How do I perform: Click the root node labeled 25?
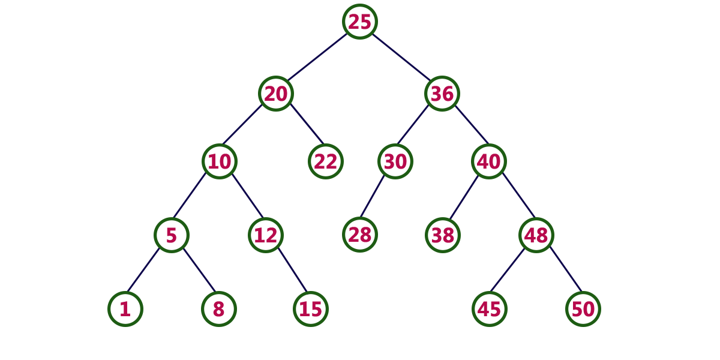359,22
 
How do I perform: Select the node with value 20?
276,94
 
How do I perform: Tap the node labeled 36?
442,94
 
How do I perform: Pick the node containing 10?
220,161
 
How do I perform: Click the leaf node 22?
326,161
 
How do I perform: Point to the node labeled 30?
395,161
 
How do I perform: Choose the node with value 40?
489,161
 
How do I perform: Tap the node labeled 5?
172,235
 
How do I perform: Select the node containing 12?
265,235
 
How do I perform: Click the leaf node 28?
359,235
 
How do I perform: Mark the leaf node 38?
443,235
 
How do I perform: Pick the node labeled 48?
536,235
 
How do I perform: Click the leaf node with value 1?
125,309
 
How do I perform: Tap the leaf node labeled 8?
219,309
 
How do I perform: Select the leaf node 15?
311,309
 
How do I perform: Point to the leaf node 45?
489,309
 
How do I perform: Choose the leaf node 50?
583,309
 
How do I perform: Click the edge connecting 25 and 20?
317,57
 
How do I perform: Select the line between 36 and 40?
472,124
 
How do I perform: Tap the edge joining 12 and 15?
293,270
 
